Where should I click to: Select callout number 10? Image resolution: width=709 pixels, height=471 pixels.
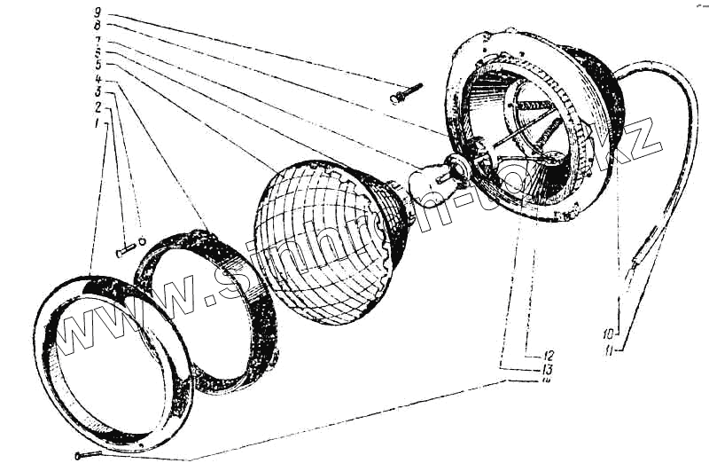608,334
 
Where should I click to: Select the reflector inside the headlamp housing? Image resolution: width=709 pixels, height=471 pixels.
523,133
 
